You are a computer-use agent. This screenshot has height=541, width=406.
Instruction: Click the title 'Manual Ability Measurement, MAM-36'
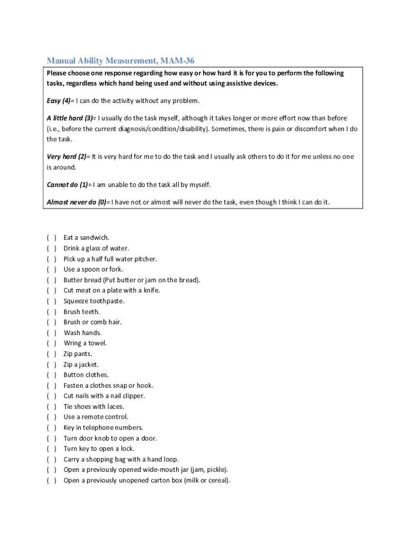(x=124, y=61)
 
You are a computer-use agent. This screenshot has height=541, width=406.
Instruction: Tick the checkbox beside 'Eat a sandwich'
(x=52, y=238)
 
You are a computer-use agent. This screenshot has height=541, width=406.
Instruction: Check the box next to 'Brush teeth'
(x=52, y=312)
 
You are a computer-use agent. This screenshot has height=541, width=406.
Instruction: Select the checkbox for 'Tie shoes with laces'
(x=52, y=407)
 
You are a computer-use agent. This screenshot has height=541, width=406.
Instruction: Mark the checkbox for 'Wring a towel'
(x=52, y=343)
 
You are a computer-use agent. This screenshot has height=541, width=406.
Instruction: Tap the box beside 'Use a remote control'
(x=52, y=417)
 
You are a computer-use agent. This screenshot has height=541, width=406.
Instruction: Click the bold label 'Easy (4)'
(x=60, y=101)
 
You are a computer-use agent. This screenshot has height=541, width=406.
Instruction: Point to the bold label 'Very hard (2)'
(x=68, y=157)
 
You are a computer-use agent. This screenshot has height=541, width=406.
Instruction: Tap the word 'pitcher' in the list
(x=144, y=259)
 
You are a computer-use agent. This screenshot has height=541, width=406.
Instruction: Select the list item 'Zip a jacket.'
(x=81, y=365)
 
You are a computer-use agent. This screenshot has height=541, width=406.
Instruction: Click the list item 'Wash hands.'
(x=82, y=333)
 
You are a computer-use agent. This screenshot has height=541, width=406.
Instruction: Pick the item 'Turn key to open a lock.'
(x=99, y=449)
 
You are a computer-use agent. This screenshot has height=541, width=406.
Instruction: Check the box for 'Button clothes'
(x=52, y=375)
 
